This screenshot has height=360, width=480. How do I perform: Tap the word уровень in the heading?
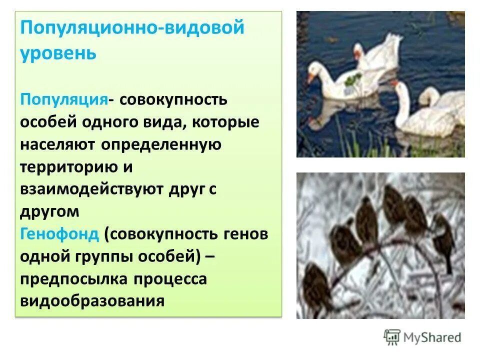(x=58, y=52)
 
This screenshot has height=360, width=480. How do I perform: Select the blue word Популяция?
(x=64, y=99)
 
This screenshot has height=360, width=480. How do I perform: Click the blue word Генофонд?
(x=60, y=234)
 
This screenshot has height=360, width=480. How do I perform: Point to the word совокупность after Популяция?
(x=173, y=99)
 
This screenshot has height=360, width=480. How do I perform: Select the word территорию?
(x=68, y=167)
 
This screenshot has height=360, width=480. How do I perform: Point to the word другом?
(x=49, y=212)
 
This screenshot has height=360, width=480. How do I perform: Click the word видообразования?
(x=92, y=302)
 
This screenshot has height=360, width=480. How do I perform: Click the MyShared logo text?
(x=433, y=337)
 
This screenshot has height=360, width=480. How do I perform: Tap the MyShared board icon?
(x=392, y=337)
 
